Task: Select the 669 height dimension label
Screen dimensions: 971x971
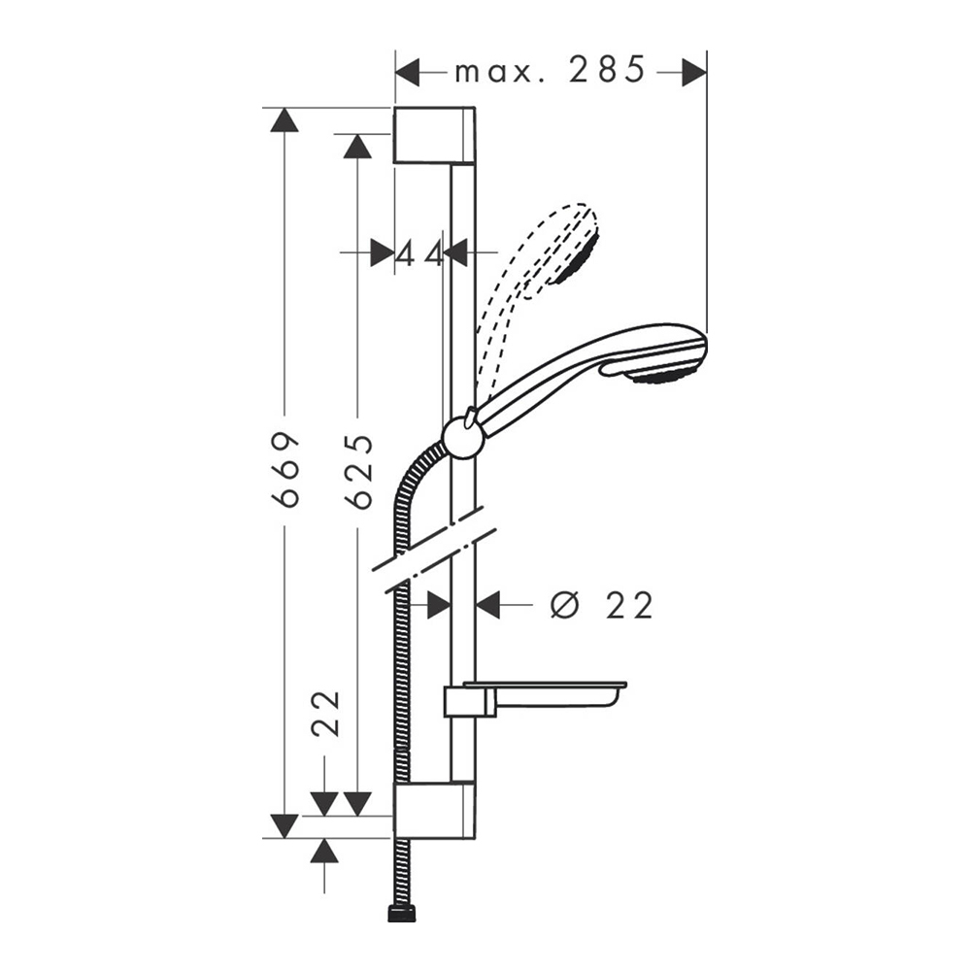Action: pyautogui.click(x=285, y=470)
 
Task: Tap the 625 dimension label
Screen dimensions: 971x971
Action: pyautogui.click(x=358, y=472)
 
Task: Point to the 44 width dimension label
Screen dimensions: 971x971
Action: pyautogui.click(x=419, y=253)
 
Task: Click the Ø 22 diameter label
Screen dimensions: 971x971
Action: pyautogui.click(x=601, y=605)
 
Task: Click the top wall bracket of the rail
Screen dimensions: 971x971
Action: pyautogui.click(x=434, y=135)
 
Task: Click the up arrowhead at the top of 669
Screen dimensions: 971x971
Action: pyautogui.click(x=285, y=120)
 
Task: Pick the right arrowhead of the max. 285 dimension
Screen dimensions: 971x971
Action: pyautogui.click(x=693, y=72)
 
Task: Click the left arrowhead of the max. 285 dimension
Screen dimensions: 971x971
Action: pyautogui.click(x=407, y=72)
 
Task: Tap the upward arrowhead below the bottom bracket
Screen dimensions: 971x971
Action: pyautogui.click(x=324, y=852)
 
